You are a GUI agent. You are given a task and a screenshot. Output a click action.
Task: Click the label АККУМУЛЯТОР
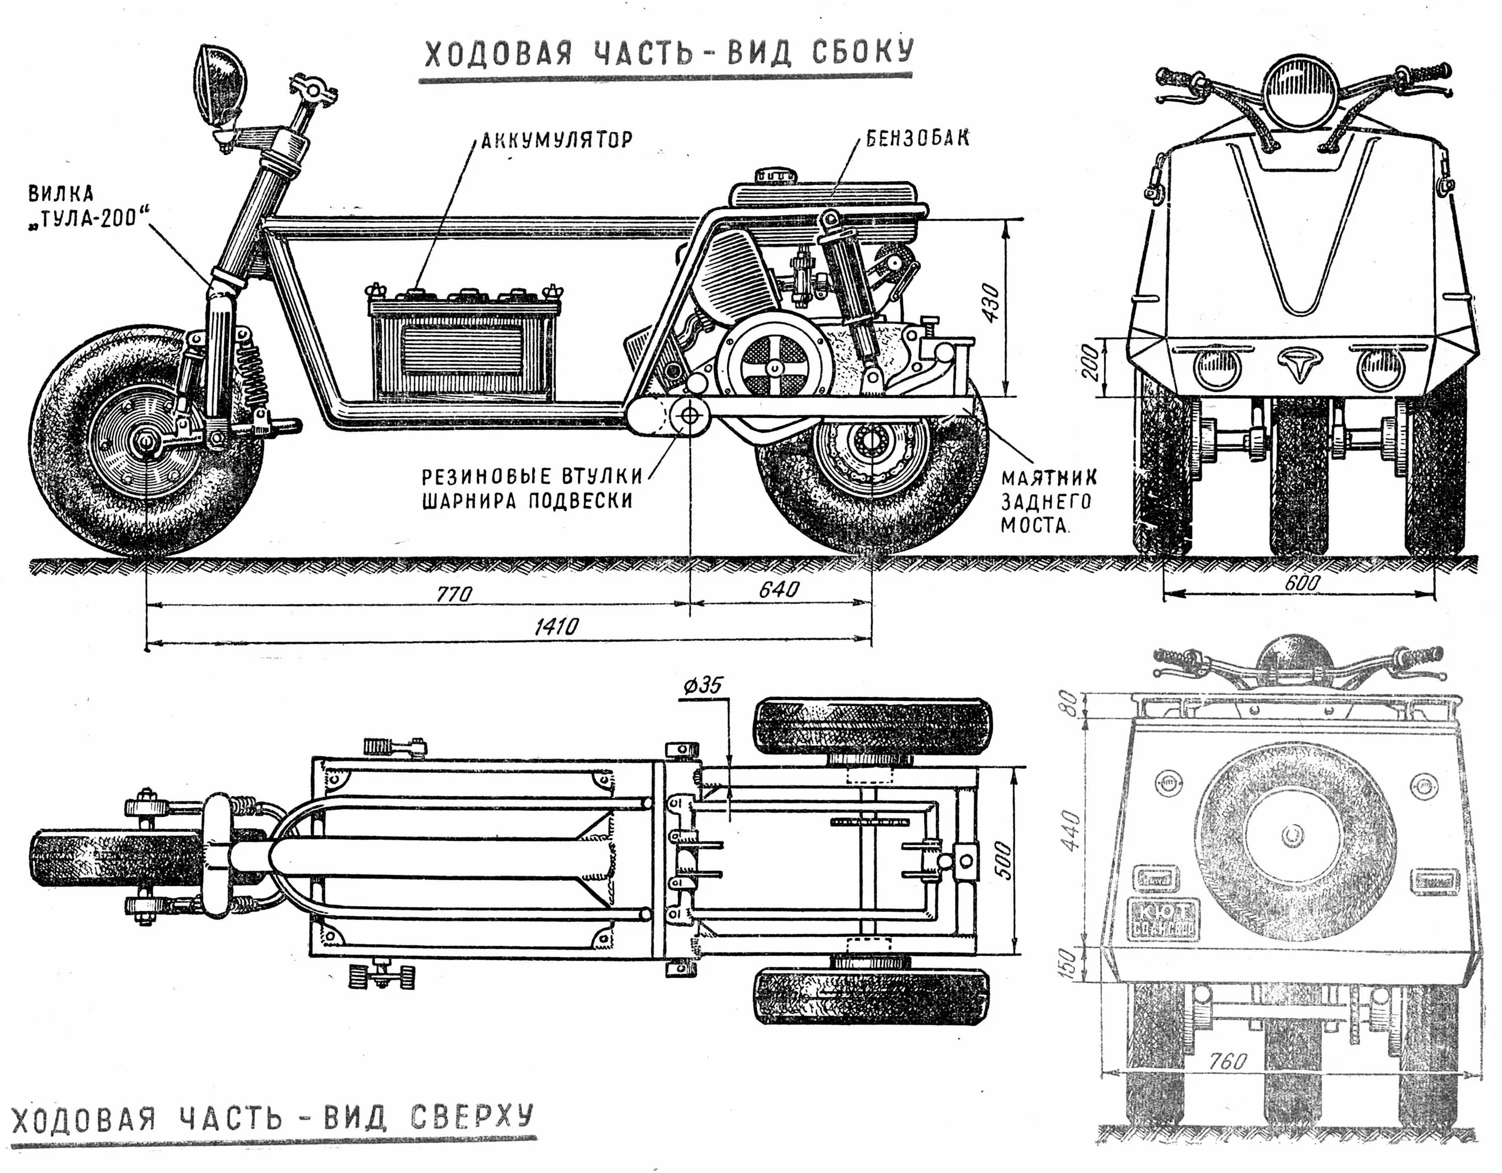[556, 140]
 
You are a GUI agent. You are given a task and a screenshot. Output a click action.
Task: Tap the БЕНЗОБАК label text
[917, 138]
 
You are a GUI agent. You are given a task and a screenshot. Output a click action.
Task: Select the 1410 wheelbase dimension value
[556, 627]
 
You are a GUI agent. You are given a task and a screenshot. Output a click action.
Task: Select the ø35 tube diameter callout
[701, 686]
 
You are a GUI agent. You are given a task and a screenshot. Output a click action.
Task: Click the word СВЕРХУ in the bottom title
[473, 1116]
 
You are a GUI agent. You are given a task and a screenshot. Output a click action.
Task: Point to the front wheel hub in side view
[147, 440]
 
